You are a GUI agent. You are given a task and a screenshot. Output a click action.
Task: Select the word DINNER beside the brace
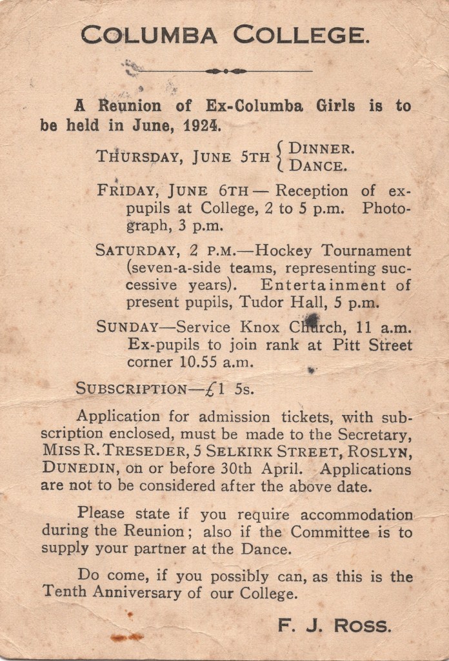click(x=321, y=148)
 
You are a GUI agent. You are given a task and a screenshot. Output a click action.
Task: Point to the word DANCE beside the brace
click(x=318, y=165)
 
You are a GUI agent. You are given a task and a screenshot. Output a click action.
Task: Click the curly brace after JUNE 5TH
click(x=279, y=157)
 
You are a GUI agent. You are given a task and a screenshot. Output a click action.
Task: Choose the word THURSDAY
click(x=133, y=157)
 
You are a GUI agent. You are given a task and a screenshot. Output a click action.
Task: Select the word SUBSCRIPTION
click(x=131, y=389)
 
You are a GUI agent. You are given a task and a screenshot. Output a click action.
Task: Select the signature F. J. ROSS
click(x=334, y=625)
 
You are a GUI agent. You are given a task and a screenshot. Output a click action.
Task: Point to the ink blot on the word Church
click(x=312, y=320)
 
